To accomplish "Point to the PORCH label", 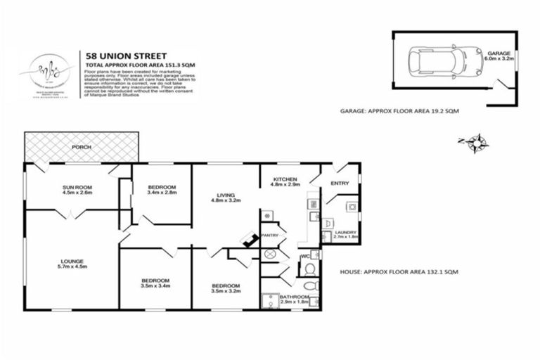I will click(81, 148).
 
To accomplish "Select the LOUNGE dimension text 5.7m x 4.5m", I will click(70, 267).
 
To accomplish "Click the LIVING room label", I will click(226, 195).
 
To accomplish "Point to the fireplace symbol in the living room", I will click(248, 241).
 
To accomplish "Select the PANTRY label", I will click(270, 235).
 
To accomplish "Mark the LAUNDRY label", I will click(345, 232).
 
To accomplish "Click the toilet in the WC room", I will click(309, 268).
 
